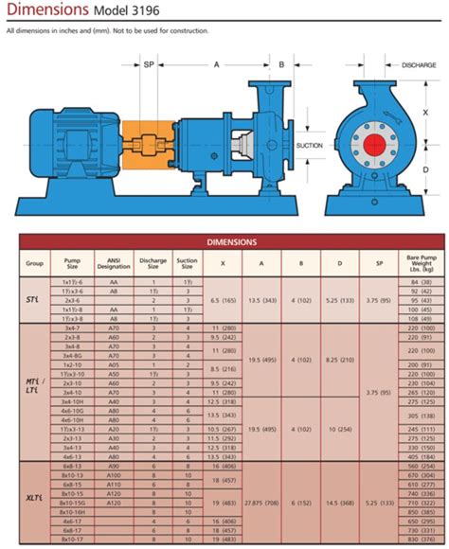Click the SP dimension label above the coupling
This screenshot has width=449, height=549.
[x=149, y=64]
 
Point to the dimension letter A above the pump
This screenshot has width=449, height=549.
[x=217, y=64]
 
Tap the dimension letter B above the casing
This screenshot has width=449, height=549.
[x=280, y=64]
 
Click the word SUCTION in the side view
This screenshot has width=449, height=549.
[x=310, y=146]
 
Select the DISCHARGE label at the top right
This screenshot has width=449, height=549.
[x=419, y=65]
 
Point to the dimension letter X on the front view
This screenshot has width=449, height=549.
[x=425, y=111]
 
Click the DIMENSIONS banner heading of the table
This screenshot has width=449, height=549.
[x=232, y=241]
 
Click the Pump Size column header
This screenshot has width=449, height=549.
[x=73, y=262]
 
